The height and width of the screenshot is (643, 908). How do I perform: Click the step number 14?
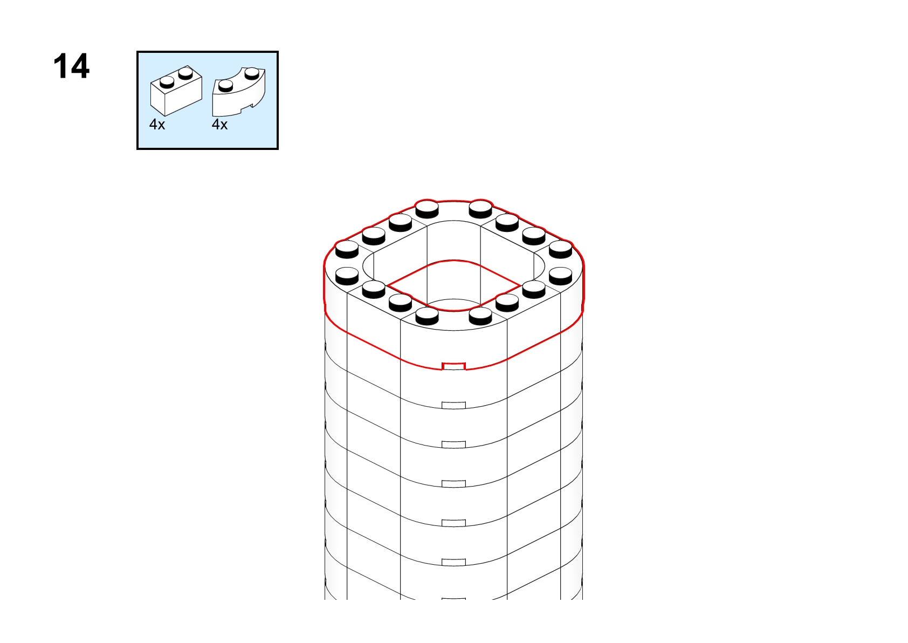pos(71,66)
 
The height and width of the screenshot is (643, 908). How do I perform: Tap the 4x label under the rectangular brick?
pos(157,125)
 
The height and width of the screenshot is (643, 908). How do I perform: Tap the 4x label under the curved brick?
pos(219,125)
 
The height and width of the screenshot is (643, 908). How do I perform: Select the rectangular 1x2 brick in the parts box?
pos(176,91)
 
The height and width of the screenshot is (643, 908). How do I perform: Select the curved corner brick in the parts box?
pos(239,92)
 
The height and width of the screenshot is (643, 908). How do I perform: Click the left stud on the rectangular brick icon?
pos(167,83)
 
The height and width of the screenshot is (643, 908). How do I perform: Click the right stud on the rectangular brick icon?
pos(185,73)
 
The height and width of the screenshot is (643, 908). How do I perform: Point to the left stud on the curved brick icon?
pos(225,86)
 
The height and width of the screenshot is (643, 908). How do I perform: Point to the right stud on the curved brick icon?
pos(252,73)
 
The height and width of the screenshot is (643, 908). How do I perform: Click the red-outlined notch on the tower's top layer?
pos(453,366)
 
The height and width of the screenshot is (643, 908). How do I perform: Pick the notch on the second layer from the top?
pos(453,406)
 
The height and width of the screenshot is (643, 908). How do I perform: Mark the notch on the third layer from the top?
pos(453,444)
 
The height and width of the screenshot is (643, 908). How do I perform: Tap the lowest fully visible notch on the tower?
pos(453,562)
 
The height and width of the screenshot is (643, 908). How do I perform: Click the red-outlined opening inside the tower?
pos(453,285)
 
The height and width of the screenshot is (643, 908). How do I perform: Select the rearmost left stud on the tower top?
pos(427,209)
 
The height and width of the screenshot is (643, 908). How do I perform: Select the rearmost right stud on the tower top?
pos(480,209)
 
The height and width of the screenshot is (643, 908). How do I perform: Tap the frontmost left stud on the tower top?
pos(427,316)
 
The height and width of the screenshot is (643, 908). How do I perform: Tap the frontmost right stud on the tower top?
pos(480,316)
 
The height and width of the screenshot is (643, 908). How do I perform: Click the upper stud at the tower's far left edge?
pos(347,249)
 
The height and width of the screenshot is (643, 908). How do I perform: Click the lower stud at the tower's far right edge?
pos(561,276)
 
